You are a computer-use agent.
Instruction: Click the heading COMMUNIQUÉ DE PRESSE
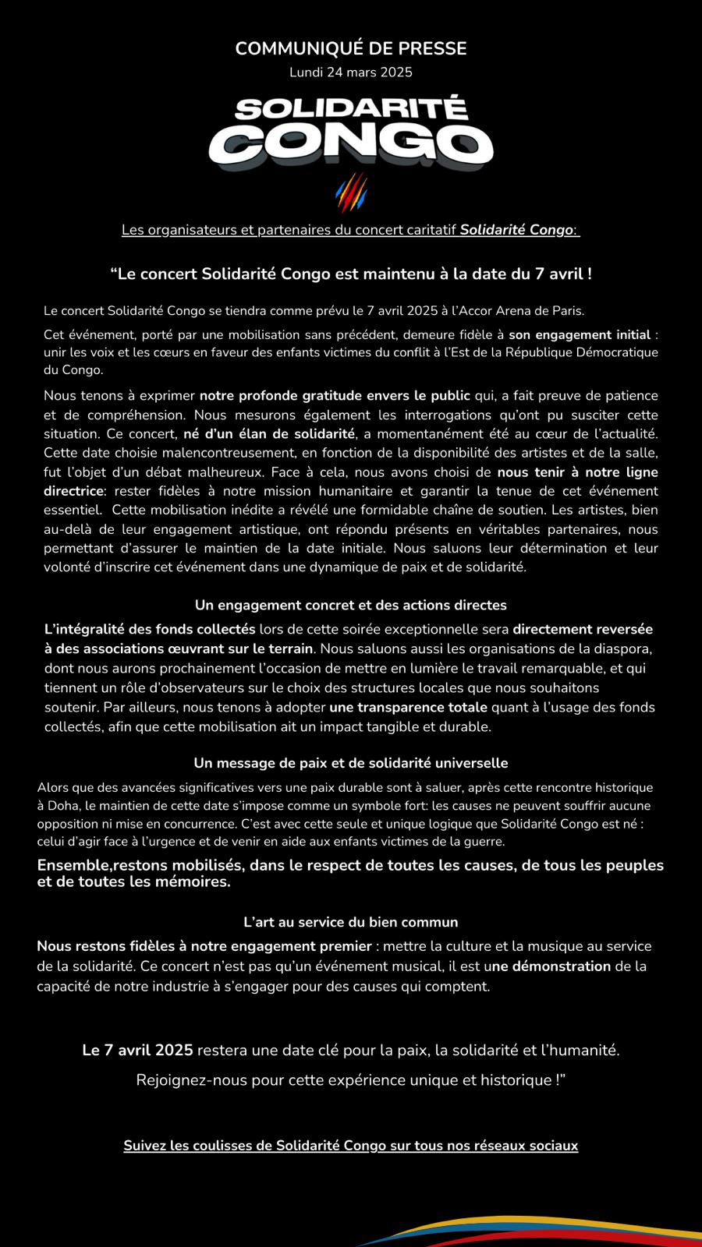[351, 48]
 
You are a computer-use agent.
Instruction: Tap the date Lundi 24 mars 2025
[351, 72]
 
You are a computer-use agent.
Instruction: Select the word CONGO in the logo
[351, 144]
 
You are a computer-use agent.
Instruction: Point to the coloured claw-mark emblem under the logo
[351, 192]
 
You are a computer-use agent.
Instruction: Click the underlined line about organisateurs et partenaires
[351, 230]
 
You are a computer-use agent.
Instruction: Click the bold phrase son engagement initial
[580, 335]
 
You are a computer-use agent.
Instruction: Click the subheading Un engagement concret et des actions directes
[351, 605]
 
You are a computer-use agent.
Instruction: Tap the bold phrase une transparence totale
[408, 708]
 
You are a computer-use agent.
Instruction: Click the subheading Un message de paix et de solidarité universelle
[351, 763]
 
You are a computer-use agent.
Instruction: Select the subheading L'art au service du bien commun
[351, 922]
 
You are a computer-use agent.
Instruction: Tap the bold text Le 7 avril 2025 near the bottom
[138, 1050]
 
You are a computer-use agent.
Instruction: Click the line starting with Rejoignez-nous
[351, 1080]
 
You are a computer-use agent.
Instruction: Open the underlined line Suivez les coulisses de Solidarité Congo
[351, 1146]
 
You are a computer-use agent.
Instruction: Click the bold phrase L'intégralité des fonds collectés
[150, 629]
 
